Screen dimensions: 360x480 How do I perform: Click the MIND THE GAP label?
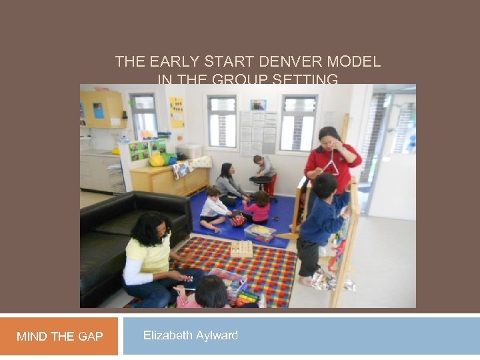59,337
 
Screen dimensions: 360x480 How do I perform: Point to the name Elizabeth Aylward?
190,335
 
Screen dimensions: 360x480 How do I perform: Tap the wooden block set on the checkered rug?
241,248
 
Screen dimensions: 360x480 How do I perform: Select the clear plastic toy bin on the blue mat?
260,232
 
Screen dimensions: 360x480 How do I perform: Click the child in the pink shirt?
259,207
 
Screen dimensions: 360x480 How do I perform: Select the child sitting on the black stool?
265,168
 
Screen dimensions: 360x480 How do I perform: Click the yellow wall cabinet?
103,109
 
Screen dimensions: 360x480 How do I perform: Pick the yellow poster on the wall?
176,112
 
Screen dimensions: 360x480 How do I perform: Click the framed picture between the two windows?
257,105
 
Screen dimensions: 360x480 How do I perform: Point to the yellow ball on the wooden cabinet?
157,160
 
